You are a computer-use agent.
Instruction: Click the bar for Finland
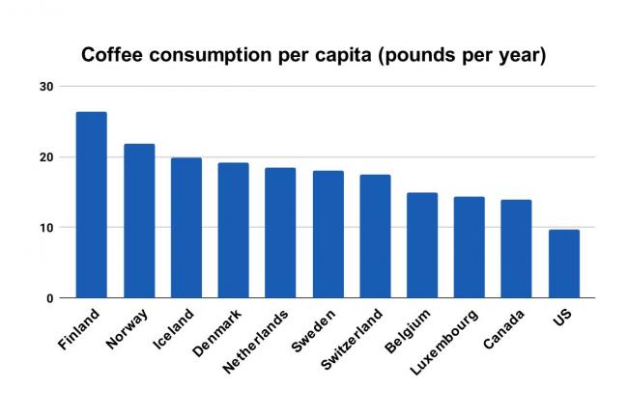pos(92,205)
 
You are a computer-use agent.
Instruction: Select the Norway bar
pos(139,221)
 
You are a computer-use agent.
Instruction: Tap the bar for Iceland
pos(186,228)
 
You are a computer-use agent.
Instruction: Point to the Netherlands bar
pos(280,233)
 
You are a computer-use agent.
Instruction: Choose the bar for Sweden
pos(328,234)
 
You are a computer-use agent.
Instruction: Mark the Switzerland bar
pos(375,236)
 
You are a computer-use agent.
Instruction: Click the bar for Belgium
pos(422,245)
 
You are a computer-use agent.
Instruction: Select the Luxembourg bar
pos(469,247)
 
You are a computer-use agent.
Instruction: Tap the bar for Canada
pos(516,248)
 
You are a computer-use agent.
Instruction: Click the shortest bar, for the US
pos(563,264)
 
